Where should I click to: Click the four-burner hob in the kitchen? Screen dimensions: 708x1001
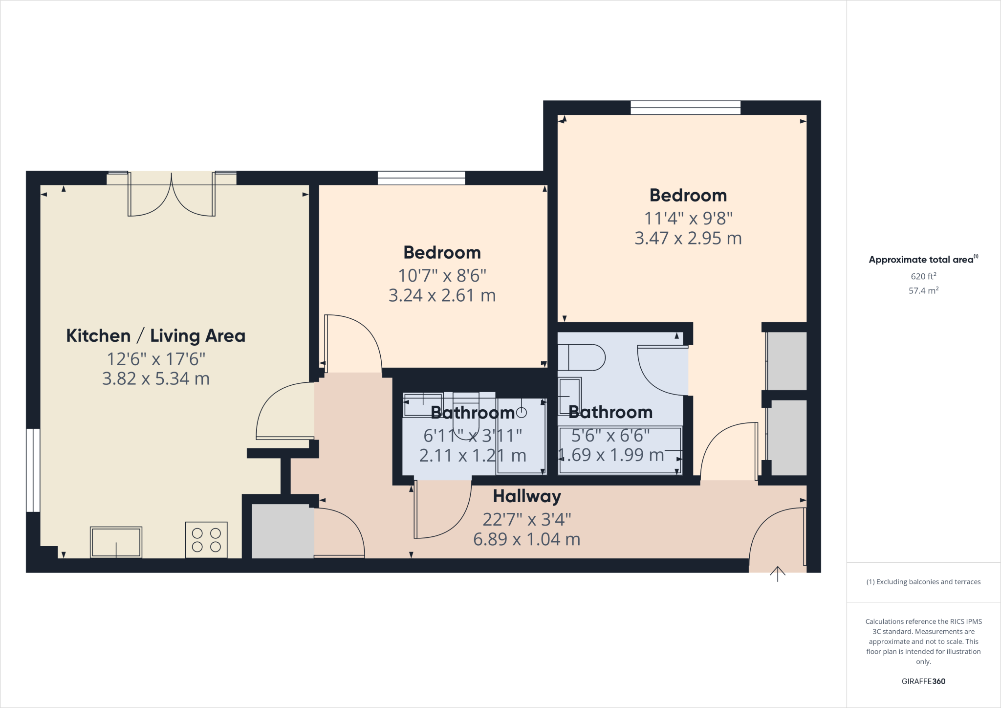click(x=206, y=540)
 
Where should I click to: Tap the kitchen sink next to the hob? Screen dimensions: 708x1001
click(x=116, y=542)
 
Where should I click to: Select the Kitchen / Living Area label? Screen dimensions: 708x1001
click(x=155, y=336)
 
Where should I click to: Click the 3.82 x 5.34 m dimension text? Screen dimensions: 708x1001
click(x=155, y=379)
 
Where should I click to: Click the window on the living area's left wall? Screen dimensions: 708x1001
click(x=33, y=470)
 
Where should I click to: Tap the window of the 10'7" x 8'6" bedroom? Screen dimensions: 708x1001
click(x=421, y=178)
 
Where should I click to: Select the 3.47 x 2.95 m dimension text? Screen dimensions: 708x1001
click(x=688, y=238)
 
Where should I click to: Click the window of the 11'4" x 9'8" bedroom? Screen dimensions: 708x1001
click(x=685, y=108)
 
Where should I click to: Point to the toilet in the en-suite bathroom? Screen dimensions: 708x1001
click(x=581, y=357)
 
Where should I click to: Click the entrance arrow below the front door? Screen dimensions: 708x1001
click(x=777, y=574)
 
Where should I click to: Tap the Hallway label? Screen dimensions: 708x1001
click(x=526, y=496)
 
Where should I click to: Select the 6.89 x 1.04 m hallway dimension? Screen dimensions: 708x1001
click(x=526, y=539)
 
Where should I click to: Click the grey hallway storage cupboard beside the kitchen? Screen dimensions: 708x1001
click(x=282, y=531)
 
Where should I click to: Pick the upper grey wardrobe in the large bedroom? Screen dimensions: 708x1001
click(x=786, y=360)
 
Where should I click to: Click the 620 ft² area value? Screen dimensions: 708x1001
click(x=923, y=276)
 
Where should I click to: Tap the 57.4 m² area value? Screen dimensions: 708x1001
click(x=923, y=290)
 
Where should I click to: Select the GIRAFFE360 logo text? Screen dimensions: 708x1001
click(x=923, y=681)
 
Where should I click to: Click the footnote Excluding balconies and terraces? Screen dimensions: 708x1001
click(x=923, y=582)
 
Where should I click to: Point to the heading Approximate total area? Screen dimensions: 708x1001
click(x=922, y=260)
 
